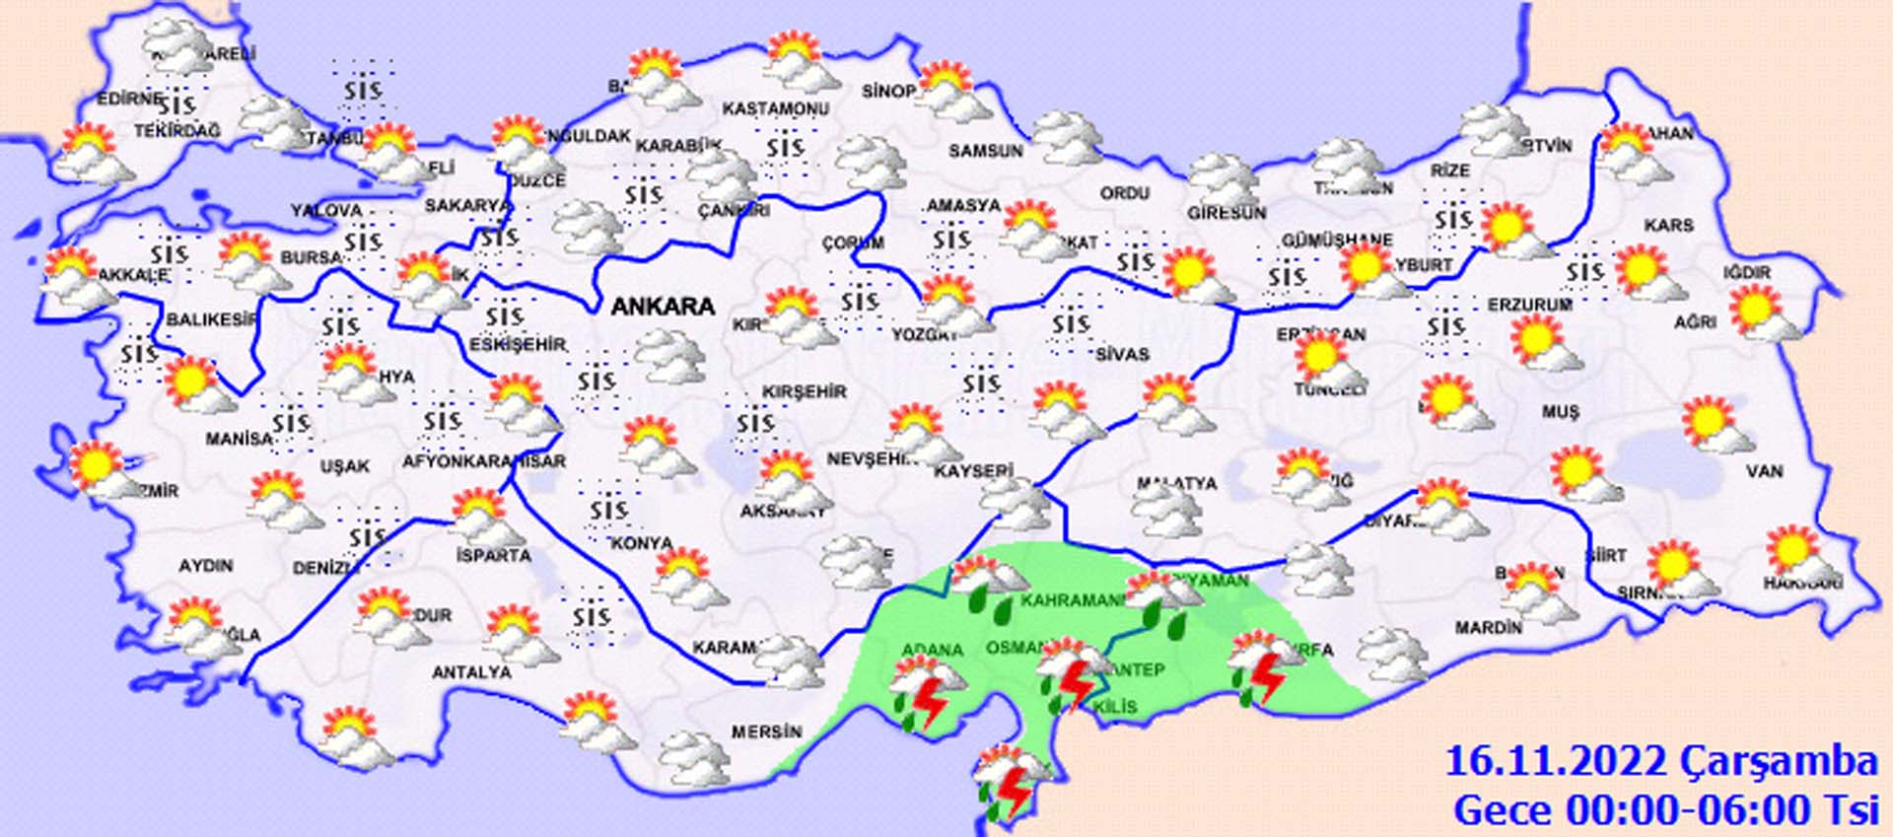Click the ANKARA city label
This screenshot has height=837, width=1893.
[663, 307]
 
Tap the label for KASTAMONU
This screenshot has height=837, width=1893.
[775, 108]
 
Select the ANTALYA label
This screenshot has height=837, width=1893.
[472, 672]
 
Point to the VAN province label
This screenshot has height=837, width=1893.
[1764, 471]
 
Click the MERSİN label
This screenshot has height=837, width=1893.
[766, 732]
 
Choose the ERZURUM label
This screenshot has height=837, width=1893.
[1529, 306]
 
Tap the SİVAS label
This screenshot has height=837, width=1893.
[1122, 353]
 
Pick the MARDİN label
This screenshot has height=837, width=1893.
[1489, 627]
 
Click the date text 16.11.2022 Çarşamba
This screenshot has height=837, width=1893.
[1660, 762]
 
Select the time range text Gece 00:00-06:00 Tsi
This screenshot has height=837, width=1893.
[1665, 810]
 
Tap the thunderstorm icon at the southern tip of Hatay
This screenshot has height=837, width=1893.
[1010, 784]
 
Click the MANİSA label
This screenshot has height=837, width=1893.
[239, 438]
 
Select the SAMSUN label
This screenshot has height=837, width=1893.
[986, 151]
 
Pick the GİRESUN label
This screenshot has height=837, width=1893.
[1227, 213]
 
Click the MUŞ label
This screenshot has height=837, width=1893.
[1561, 412]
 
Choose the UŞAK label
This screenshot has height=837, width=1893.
[345, 465]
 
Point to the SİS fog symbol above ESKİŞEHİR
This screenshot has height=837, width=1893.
[504, 316]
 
